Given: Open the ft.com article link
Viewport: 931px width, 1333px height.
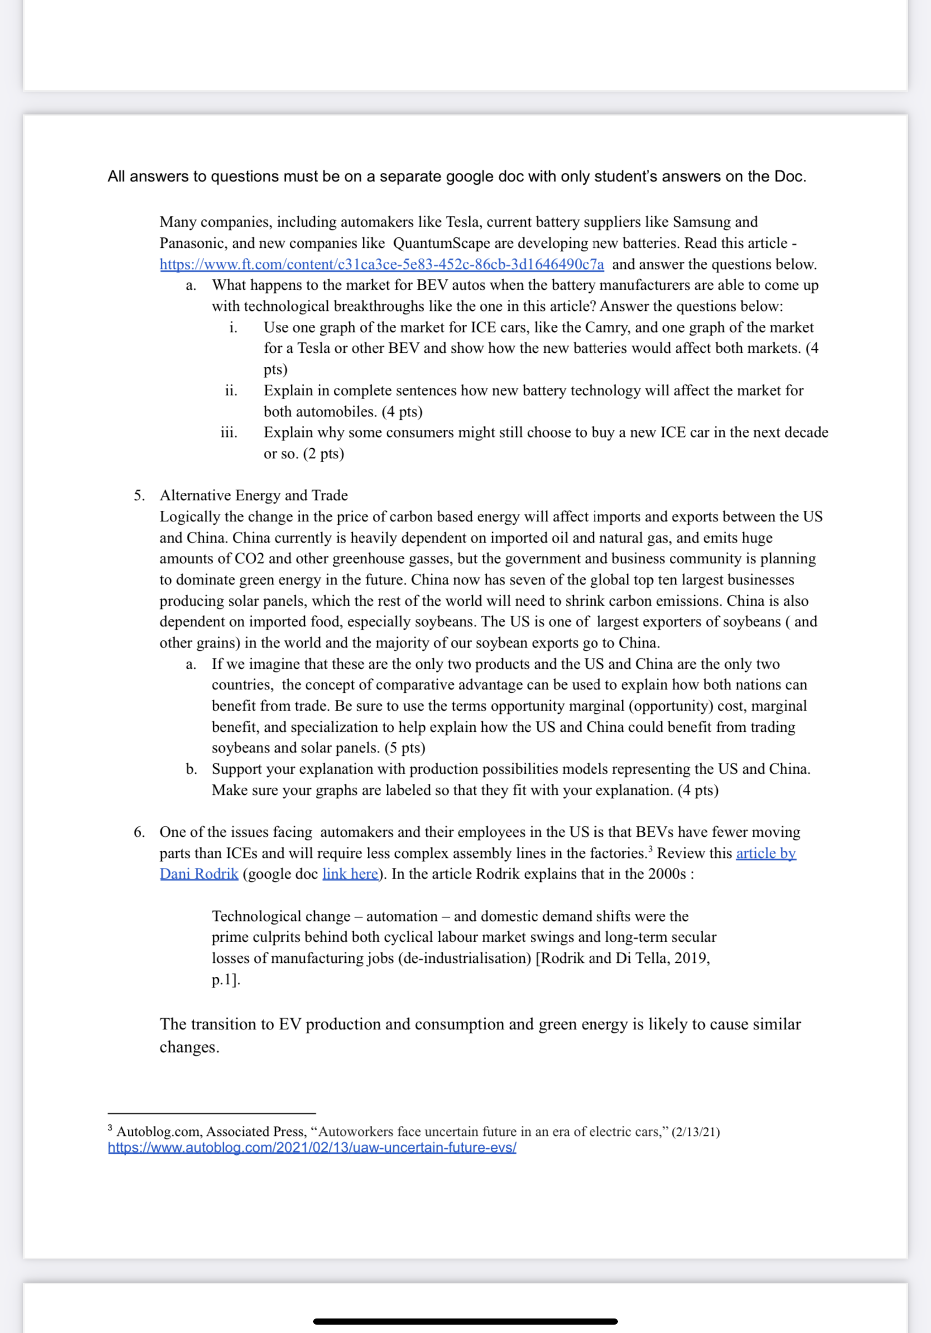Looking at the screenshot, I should click(x=381, y=264).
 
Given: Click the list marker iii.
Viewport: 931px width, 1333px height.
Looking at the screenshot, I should click(x=229, y=433).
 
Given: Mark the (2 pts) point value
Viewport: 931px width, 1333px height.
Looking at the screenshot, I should click(x=323, y=453).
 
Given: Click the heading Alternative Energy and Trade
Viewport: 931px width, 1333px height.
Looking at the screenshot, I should click(x=253, y=495).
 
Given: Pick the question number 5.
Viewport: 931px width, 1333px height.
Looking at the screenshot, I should click(x=139, y=495).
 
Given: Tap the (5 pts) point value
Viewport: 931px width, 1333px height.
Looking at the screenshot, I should click(x=405, y=748).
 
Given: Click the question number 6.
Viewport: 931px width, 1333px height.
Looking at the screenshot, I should click(x=139, y=832).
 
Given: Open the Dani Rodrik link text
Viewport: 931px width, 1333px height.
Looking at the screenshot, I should click(x=199, y=874).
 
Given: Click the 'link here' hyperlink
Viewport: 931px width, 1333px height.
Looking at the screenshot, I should click(x=350, y=874).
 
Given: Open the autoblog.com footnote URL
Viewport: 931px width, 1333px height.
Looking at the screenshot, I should click(x=311, y=1148).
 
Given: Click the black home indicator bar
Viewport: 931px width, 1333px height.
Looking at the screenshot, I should click(x=465, y=1321).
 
